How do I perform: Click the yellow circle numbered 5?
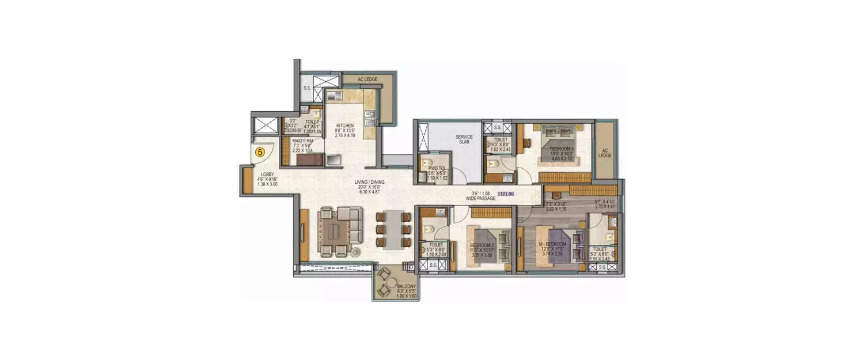coord(260,152)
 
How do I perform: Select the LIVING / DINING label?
coord(370,182)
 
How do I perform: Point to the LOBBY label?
coord(267,174)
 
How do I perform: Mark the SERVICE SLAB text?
coord(464,140)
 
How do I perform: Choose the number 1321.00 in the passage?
coord(505,195)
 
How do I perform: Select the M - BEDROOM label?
coord(552,244)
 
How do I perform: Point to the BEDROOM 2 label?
coord(481,244)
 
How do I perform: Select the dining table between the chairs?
coord(392,229)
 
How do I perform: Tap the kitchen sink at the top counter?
coord(335,96)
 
